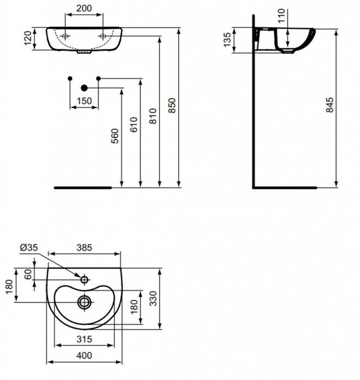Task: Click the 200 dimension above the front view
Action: click(84, 8)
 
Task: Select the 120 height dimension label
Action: click(28, 38)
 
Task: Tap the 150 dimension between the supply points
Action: click(84, 101)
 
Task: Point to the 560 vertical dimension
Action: click(115, 136)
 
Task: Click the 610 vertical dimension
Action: click(134, 125)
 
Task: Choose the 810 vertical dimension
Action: click(153, 116)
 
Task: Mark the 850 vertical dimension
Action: click(172, 105)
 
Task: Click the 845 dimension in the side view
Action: click(330, 105)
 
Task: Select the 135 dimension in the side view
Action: click(227, 40)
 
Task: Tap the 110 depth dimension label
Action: click(281, 16)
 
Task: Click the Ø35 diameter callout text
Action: click(29, 248)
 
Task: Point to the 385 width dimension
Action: click(84, 248)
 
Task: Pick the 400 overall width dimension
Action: click(84, 356)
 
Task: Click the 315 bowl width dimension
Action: click(84, 339)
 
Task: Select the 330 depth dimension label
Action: click(153, 298)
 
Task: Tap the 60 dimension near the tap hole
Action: click(28, 274)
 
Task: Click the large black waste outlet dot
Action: click(84, 88)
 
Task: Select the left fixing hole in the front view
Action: click(65, 36)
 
